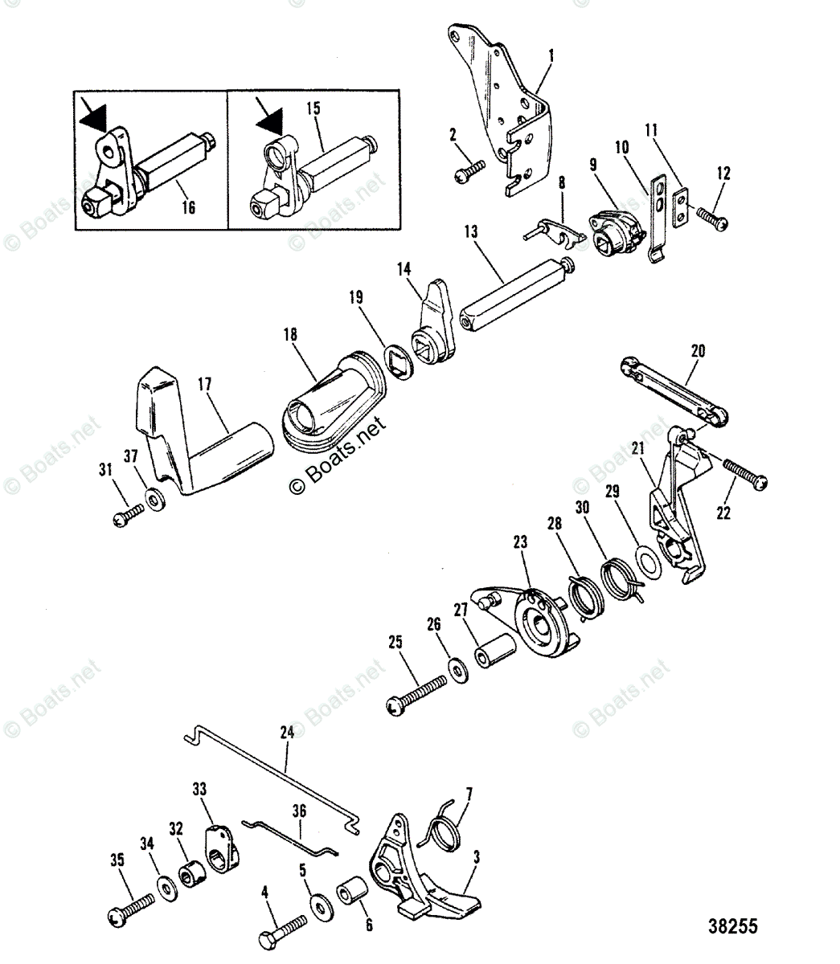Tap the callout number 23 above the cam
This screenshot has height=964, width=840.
click(520, 543)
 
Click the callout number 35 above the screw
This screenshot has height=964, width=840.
click(118, 858)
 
